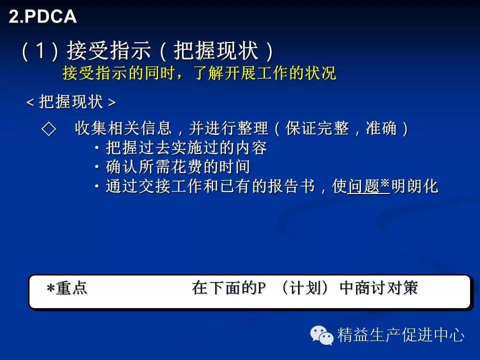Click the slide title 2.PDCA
[x=42, y=16]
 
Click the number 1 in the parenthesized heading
[x=41, y=50]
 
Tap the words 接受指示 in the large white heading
[x=109, y=50]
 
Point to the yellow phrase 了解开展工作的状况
[x=265, y=73]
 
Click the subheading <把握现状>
[x=71, y=101]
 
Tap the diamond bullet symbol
[x=48, y=128]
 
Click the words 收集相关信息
[x=123, y=128]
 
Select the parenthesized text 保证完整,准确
[x=341, y=128]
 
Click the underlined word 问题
[x=363, y=186]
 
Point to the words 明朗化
[x=415, y=186]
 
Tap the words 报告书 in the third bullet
[x=291, y=186]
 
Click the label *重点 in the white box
[x=67, y=288]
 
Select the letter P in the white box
[x=261, y=288]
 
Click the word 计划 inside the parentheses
[x=305, y=288]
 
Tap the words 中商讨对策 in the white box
[x=379, y=288]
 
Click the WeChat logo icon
[x=321, y=335]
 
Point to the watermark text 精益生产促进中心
[x=401, y=335]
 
